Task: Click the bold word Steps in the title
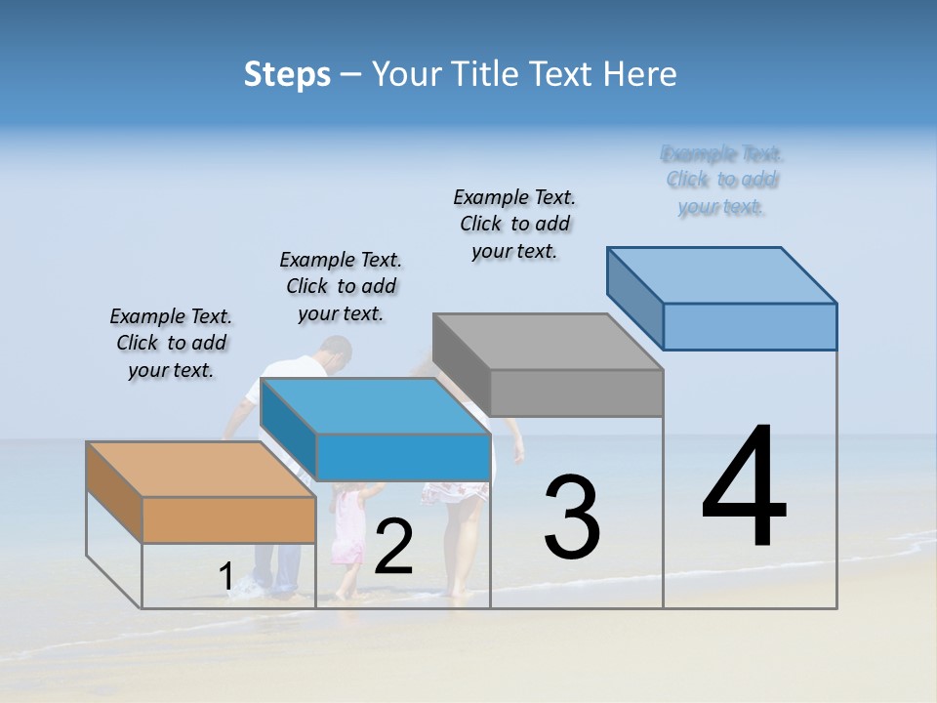(x=287, y=74)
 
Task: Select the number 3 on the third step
(x=572, y=517)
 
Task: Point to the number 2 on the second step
(x=393, y=547)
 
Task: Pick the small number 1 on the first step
(x=225, y=578)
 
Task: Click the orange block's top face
(x=200, y=470)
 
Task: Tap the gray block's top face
(x=548, y=342)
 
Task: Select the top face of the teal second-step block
(x=375, y=405)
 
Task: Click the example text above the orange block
(x=171, y=343)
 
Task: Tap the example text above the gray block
(x=514, y=224)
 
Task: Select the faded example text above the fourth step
(x=722, y=180)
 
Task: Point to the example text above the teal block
(x=341, y=286)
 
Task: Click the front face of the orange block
(x=228, y=519)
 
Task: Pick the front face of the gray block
(x=576, y=393)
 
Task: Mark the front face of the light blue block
(x=750, y=326)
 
